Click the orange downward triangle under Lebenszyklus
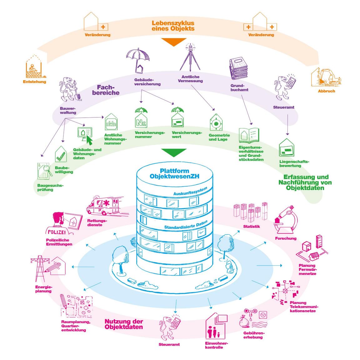pyautogui.click(x=173, y=42)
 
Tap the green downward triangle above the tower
pyautogui.click(x=174, y=152)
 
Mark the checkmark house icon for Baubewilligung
pyautogui.click(x=61, y=154)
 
